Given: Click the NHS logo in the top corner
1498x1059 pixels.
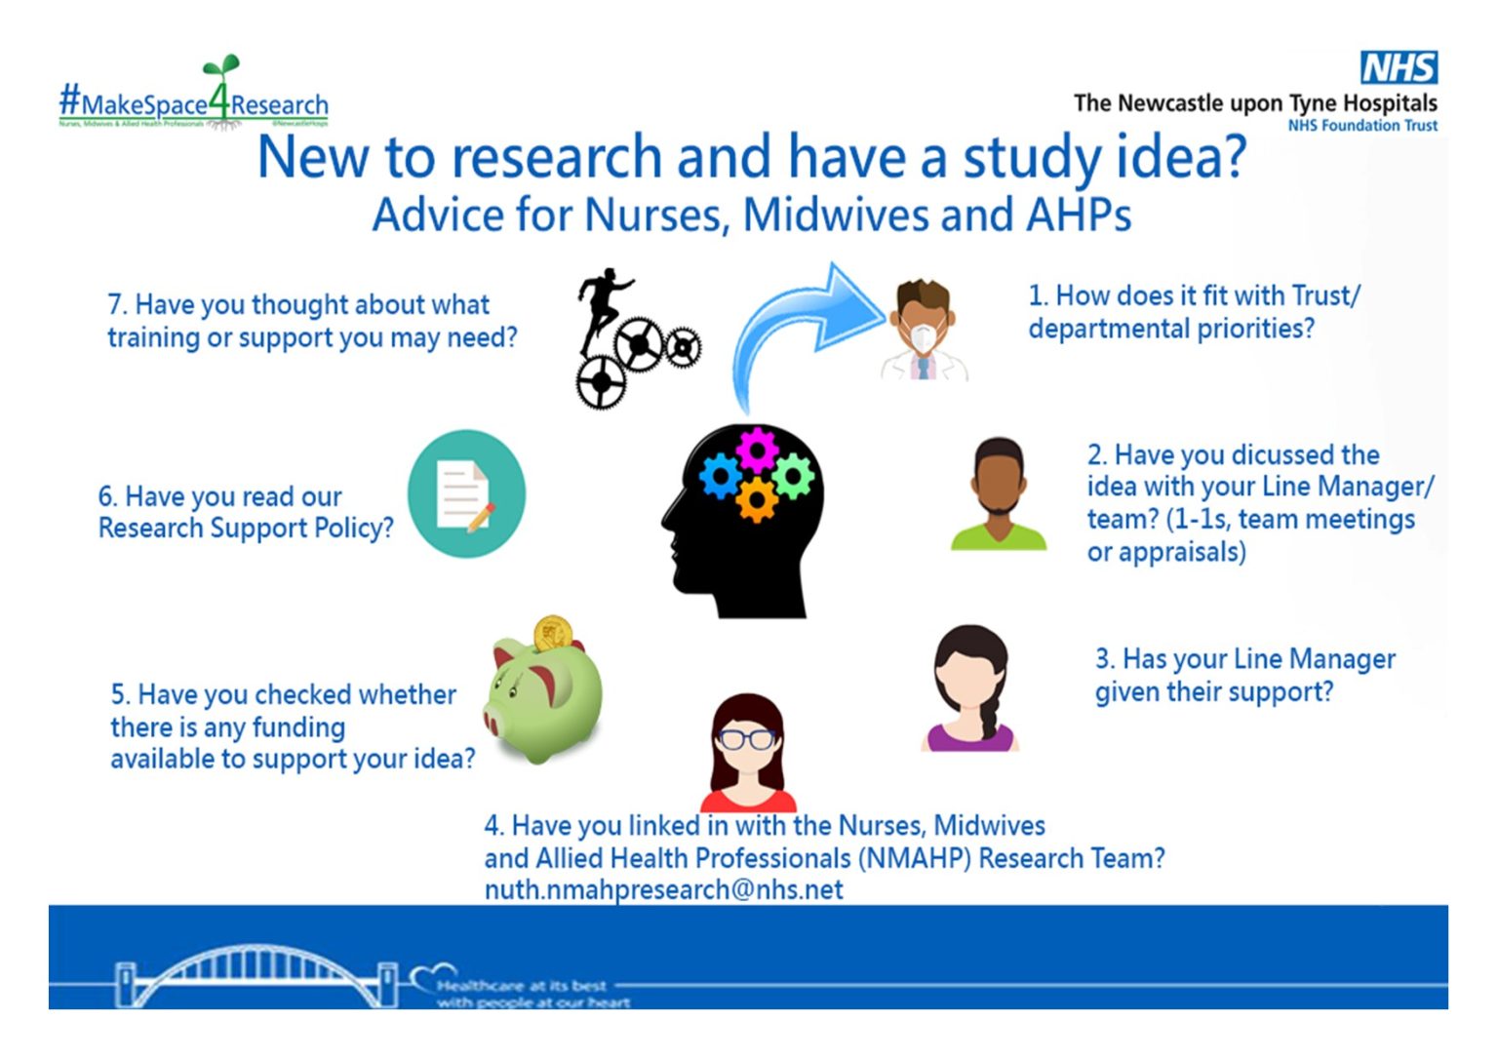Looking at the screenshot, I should [x=1399, y=67].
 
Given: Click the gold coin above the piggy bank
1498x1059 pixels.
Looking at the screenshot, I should [x=552, y=634].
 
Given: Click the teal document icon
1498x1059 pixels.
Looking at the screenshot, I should [x=466, y=493].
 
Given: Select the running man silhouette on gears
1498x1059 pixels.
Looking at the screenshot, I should [x=634, y=336].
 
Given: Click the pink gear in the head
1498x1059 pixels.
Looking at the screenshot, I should [x=757, y=449].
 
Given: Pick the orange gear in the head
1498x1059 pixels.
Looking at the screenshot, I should [x=757, y=499].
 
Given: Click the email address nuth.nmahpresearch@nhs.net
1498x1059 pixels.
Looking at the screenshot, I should [x=663, y=889].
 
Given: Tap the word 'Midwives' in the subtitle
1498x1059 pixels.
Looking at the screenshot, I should [x=835, y=215].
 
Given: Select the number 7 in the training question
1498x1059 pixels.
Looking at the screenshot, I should [x=115, y=305].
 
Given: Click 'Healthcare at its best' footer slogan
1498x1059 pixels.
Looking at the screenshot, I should [x=522, y=986].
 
